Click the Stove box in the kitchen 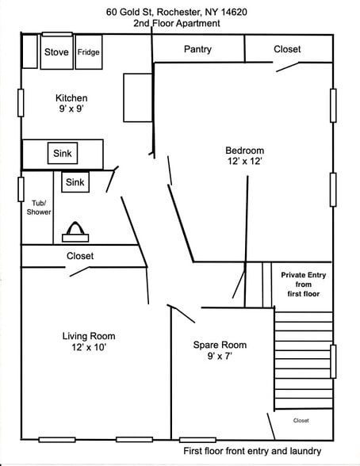pos(56,52)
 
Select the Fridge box pos(89,52)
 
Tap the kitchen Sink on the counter pos(63,153)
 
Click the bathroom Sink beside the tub pos(75,182)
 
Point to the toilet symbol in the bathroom pos(75,232)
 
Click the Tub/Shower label pos(39,208)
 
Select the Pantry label pos(197,49)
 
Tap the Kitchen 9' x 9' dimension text pos(71,103)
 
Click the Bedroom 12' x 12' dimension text pos(245,155)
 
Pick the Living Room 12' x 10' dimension pos(89,342)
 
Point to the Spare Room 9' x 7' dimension pos(220,350)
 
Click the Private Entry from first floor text pos(304,285)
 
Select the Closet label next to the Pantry pos(287,49)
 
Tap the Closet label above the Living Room pos(80,256)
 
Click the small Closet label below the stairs pos(301,421)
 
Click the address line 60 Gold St pos(177,12)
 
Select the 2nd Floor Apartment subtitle pos(177,23)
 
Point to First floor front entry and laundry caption pos(252,451)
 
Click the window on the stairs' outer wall pos(333,361)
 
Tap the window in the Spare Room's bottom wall pos(197,440)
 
